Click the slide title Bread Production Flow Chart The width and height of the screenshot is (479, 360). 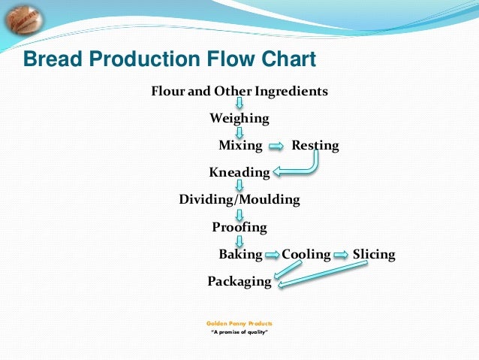(x=170, y=59)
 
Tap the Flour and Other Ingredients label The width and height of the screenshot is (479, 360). (x=239, y=92)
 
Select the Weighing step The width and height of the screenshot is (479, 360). (x=239, y=119)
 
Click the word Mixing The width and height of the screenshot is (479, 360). (x=240, y=146)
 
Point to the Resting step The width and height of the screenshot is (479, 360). (x=315, y=146)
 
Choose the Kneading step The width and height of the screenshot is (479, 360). (x=239, y=173)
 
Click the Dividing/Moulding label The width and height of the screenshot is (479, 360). (x=239, y=200)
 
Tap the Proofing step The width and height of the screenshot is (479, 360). (x=239, y=227)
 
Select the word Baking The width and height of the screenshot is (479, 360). (x=240, y=255)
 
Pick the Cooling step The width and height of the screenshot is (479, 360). (x=306, y=255)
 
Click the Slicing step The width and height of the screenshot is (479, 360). (x=374, y=255)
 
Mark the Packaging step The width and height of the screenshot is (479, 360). (x=239, y=282)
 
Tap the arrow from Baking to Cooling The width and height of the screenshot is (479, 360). (x=272, y=255)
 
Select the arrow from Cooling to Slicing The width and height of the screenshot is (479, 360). (x=342, y=255)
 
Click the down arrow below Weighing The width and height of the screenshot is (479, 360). (x=239, y=132)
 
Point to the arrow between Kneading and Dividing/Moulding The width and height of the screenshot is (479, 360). (x=239, y=186)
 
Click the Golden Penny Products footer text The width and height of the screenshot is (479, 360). (x=239, y=322)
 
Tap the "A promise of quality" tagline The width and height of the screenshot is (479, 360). (x=239, y=331)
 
